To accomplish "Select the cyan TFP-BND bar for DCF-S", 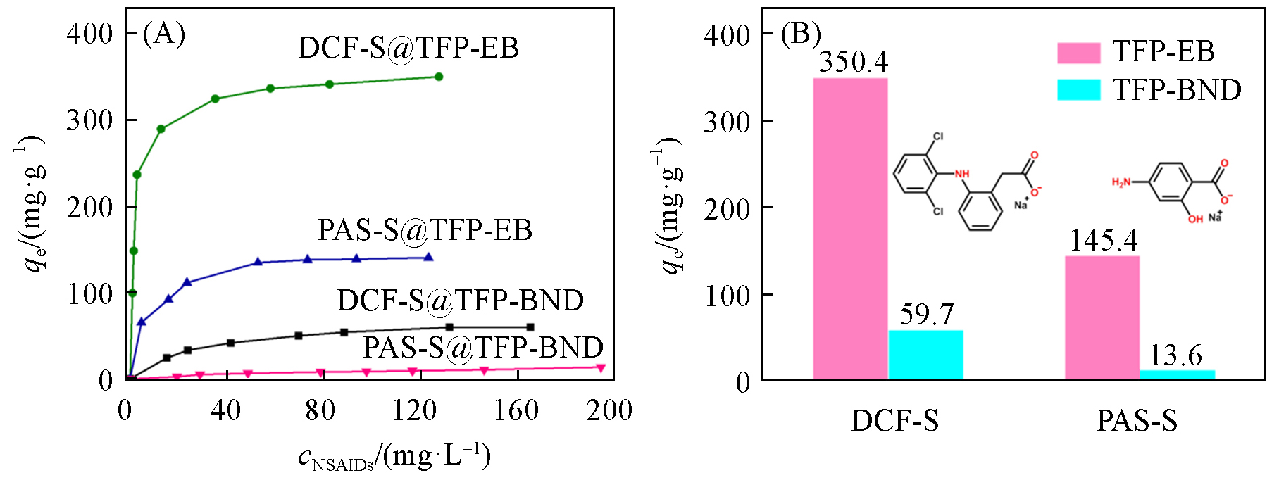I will [x=925, y=355].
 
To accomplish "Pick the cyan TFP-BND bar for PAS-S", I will [x=1177, y=375].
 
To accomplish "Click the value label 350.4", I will [x=854, y=62].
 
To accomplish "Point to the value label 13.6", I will [x=1175, y=355].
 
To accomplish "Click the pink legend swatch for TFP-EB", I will [x=1078, y=53].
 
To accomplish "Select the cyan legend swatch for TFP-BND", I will [x=1078, y=90].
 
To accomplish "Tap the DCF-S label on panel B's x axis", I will [x=894, y=421].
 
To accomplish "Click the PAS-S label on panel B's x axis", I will [x=1137, y=421].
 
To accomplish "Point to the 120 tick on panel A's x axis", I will [x=415, y=410].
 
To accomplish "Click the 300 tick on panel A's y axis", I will [x=89, y=120].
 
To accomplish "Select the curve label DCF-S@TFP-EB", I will [x=408, y=48].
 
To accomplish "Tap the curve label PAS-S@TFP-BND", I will [x=483, y=348].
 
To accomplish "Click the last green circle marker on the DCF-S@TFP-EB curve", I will [x=439, y=77].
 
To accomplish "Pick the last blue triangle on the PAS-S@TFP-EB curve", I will [x=428, y=258].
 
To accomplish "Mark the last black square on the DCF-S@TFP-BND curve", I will [x=530, y=327].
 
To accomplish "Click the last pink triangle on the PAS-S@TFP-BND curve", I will [x=601, y=367].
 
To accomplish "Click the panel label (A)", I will [x=163, y=33].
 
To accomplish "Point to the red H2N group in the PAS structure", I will [x=1121, y=183].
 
